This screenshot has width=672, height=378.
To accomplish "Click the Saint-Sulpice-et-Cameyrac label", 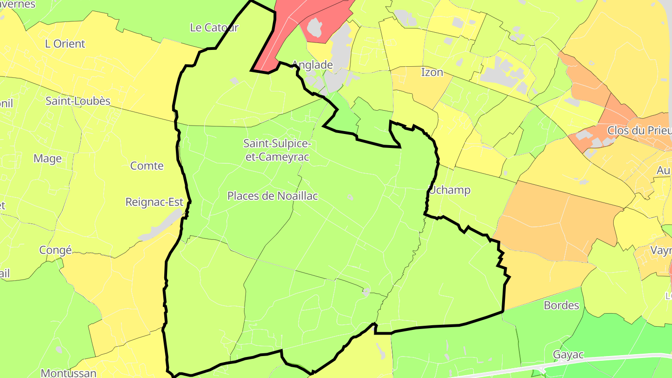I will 277,150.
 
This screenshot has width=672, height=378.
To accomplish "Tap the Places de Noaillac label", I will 273,196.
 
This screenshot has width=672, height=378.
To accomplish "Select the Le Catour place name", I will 214,28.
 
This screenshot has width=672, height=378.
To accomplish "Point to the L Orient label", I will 65,44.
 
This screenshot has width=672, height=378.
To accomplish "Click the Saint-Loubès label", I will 78,101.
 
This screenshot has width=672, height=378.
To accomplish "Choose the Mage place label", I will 48,159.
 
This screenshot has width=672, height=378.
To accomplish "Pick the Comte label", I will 147,166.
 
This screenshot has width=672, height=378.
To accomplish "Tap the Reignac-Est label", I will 154,202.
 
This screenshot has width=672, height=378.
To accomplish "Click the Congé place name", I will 56,250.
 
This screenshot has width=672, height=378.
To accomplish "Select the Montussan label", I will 69,373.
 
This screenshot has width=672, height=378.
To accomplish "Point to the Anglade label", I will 312,65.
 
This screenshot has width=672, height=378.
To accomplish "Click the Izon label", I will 432,72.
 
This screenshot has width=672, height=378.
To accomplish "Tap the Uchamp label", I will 450,190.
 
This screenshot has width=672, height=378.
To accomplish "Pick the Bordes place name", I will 561,305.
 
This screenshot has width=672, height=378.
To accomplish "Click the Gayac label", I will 568,355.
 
